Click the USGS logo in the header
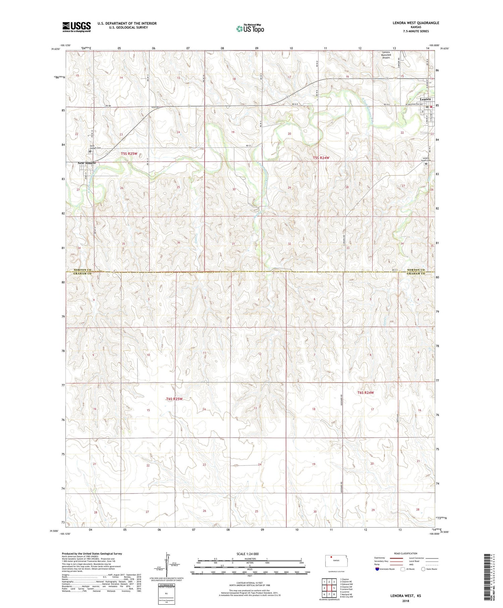point(76,27)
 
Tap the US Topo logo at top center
point(250,29)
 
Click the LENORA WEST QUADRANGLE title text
point(411,23)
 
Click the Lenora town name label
point(425,99)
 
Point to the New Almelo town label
point(87,163)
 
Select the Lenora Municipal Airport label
point(386,55)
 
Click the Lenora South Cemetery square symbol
point(426,164)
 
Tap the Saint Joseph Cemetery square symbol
point(90,151)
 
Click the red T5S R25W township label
point(129,154)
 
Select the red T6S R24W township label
point(365,392)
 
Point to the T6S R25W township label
point(174,399)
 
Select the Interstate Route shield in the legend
point(377,569)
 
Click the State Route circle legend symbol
point(423,569)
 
